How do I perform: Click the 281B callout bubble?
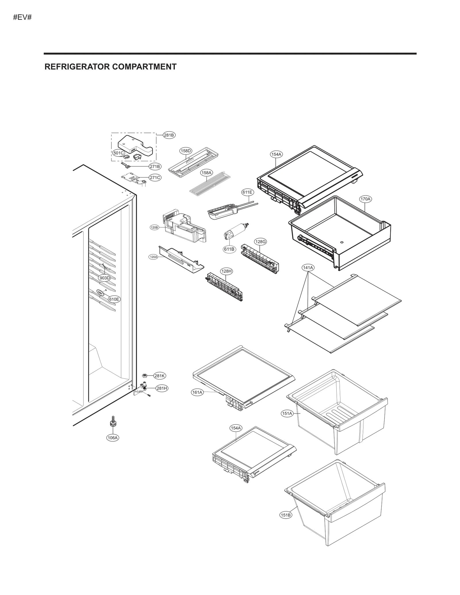click(x=169, y=135)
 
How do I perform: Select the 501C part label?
click(x=118, y=153)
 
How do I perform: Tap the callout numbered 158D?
click(x=186, y=151)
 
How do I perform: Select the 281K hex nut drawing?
click(x=145, y=375)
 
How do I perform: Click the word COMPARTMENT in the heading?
click(x=144, y=67)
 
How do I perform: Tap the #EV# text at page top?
click(x=22, y=17)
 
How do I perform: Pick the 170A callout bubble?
click(x=365, y=199)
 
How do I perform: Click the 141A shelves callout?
click(x=308, y=267)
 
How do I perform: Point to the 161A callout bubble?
click(x=198, y=392)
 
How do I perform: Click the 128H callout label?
click(x=226, y=271)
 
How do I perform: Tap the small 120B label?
click(x=154, y=228)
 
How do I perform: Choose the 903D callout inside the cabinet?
click(x=105, y=278)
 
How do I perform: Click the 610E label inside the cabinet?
click(x=114, y=299)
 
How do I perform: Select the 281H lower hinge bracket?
click(x=143, y=388)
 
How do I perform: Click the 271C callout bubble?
click(x=155, y=178)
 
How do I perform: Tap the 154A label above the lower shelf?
click(x=236, y=436)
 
